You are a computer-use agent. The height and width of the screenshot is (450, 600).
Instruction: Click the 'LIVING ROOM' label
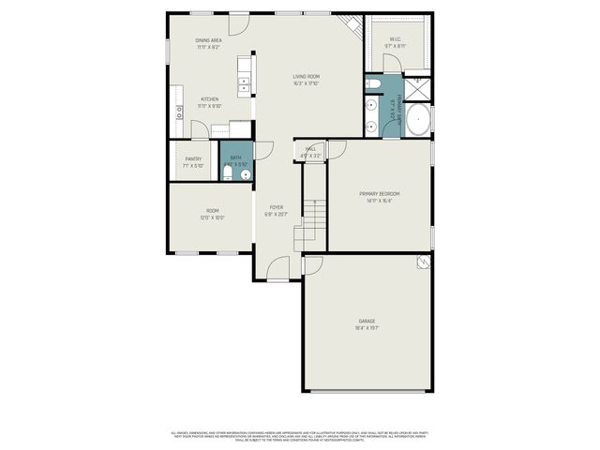pyautogui.click(x=306, y=77)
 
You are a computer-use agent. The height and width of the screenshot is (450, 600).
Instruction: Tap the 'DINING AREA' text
pyautogui.click(x=208, y=40)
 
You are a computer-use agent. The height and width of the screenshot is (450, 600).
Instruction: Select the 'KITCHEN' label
pyautogui.click(x=209, y=99)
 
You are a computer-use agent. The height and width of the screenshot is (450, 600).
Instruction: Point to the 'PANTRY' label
pyautogui.click(x=193, y=159)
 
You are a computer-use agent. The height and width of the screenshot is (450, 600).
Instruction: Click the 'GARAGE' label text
pyautogui.click(x=367, y=321)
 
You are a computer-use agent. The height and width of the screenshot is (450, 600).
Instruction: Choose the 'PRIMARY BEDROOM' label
pyautogui.click(x=380, y=194)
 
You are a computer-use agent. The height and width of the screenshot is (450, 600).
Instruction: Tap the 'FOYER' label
pyautogui.click(x=277, y=207)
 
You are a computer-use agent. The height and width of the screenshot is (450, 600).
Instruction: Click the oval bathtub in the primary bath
pyautogui.click(x=419, y=121)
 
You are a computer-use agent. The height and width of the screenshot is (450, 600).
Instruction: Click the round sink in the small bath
pyautogui.click(x=246, y=174)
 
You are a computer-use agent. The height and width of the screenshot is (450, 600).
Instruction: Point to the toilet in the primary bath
pyautogui.click(x=372, y=84)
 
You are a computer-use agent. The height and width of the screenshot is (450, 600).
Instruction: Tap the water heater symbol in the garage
pyautogui.click(x=424, y=262)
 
